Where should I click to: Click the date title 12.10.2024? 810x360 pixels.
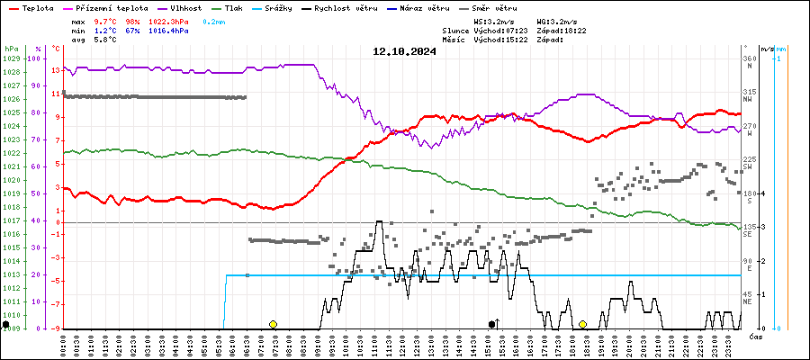404,52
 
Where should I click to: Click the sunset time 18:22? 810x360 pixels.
573,30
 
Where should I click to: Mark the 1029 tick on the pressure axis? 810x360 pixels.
11,58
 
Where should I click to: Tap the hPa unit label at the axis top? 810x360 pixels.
11,48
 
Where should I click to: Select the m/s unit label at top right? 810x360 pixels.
767,48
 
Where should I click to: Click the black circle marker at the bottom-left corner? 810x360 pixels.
6,324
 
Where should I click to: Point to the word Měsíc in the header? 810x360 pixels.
455,40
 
